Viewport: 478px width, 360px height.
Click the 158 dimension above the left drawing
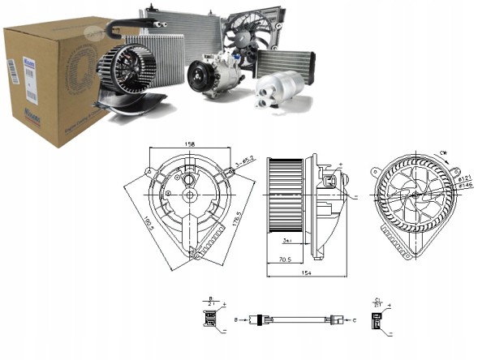(191, 146)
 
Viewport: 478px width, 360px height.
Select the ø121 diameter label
(463, 177)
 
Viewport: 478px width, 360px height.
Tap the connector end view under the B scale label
(209, 319)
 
